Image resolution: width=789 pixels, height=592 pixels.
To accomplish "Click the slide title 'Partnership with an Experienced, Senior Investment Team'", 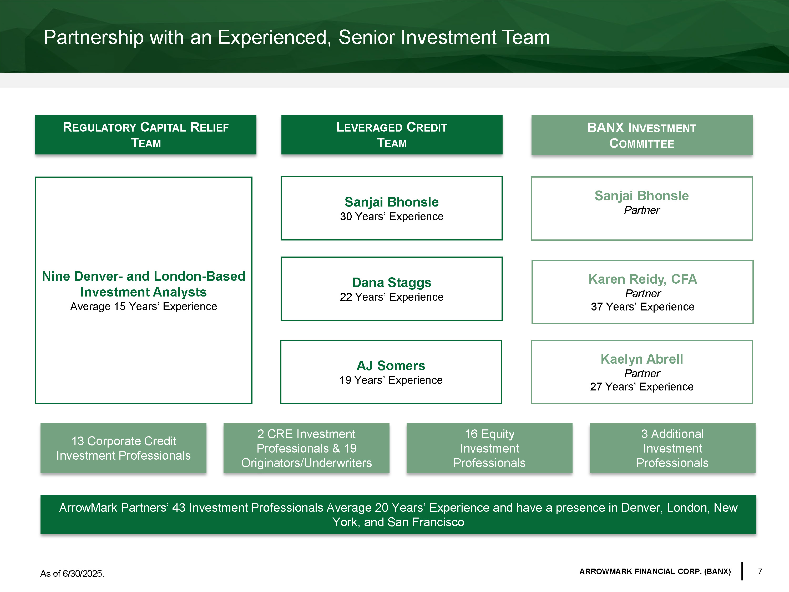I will tap(296, 37).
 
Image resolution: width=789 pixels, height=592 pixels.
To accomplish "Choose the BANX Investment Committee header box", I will tap(641, 135).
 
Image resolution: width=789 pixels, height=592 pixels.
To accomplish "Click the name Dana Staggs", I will tap(391, 282).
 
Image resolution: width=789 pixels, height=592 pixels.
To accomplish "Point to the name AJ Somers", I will tap(391, 365).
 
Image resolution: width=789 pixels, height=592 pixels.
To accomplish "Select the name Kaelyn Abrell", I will tap(641, 359).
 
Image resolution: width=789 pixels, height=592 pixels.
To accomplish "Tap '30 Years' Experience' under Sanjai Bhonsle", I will tap(391, 216).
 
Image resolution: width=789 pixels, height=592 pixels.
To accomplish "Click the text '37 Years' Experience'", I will tap(643, 307).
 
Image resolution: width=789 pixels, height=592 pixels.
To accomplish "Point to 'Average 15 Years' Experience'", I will tap(143, 306).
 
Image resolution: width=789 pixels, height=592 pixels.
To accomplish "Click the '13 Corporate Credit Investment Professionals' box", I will tap(123, 448).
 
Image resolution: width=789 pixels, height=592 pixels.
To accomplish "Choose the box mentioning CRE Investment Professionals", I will tap(306, 448).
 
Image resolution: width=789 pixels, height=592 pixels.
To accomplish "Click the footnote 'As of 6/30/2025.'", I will tap(72, 573).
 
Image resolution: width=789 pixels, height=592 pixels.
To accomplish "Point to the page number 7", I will tap(760, 571).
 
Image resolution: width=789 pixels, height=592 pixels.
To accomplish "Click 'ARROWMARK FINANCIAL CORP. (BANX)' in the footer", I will tap(655, 571).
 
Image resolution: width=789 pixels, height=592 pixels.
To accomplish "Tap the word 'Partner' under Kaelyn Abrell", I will tap(642, 373).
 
